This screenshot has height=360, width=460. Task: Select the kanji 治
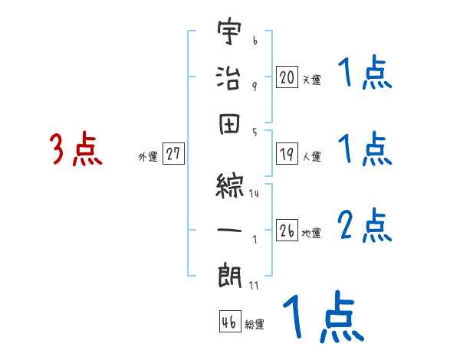(x=228, y=77)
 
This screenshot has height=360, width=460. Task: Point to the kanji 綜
(x=228, y=185)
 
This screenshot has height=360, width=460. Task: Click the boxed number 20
(x=287, y=77)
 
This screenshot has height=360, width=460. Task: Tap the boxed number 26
(x=287, y=231)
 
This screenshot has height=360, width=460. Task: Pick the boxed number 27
(x=173, y=155)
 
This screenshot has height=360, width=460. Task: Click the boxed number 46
(x=229, y=322)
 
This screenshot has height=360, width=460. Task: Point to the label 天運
(x=311, y=80)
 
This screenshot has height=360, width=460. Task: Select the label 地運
(x=311, y=233)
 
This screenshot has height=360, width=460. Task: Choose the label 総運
(x=255, y=324)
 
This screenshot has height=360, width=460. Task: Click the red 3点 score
(x=76, y=149)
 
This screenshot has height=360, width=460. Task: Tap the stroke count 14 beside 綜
(x=254, y=195)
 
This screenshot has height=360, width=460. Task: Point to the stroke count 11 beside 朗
(x=254, y=285)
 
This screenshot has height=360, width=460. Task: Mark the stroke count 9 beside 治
(x=254, y=87)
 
